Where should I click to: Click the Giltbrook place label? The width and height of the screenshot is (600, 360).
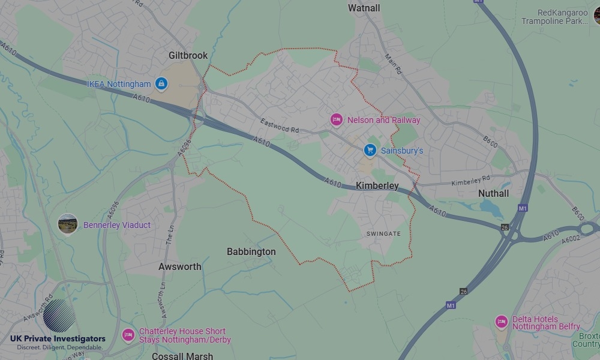(188, 55)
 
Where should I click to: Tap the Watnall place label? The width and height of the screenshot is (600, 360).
(364, 8)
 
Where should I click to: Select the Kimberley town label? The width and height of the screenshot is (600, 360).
(377, 186)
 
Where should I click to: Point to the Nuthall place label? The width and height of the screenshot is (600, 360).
(493, 193)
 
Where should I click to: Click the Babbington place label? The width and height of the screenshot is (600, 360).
(251, 252)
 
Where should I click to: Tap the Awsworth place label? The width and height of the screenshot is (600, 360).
(179, 266)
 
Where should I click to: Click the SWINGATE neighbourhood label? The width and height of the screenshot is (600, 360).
(384, 233)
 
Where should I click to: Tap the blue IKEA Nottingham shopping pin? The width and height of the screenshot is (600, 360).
(161, 84)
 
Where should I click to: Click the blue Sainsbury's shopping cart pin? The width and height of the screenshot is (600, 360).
(370, 150)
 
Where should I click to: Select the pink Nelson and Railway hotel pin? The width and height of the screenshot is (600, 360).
(337, 120)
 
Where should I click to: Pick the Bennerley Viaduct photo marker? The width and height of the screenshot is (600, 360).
(68, 225)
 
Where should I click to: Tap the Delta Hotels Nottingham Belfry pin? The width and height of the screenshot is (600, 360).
(502, 322)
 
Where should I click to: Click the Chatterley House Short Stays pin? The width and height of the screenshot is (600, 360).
(128, 335)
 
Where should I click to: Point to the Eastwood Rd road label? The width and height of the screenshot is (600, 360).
(280, 126)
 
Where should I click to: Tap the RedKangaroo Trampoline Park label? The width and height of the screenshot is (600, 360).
(554, 17)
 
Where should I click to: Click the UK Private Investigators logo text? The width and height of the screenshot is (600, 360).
(58, 339)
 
